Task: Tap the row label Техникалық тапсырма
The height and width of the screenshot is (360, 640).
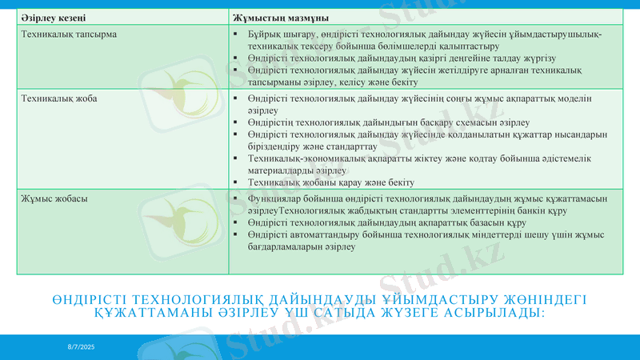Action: click(69, 35)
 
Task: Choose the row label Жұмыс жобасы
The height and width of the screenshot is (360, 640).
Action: click(54, 198)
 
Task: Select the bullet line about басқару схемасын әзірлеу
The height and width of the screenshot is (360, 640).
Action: click(389, 122)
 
